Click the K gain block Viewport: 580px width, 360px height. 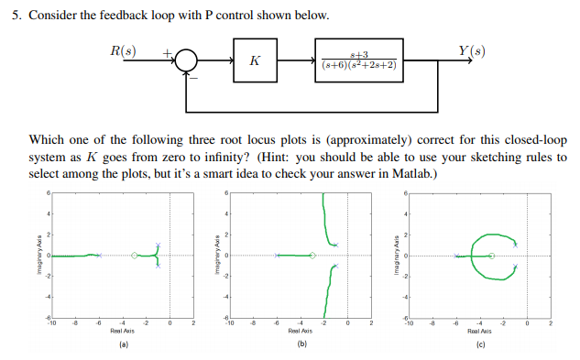coord(254,62)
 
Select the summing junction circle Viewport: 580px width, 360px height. coord(188,62)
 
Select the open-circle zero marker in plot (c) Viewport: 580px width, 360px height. coord(492,256)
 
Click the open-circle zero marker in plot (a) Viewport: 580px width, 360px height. coord(136,256)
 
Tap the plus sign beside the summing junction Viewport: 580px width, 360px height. coord(169,54)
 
